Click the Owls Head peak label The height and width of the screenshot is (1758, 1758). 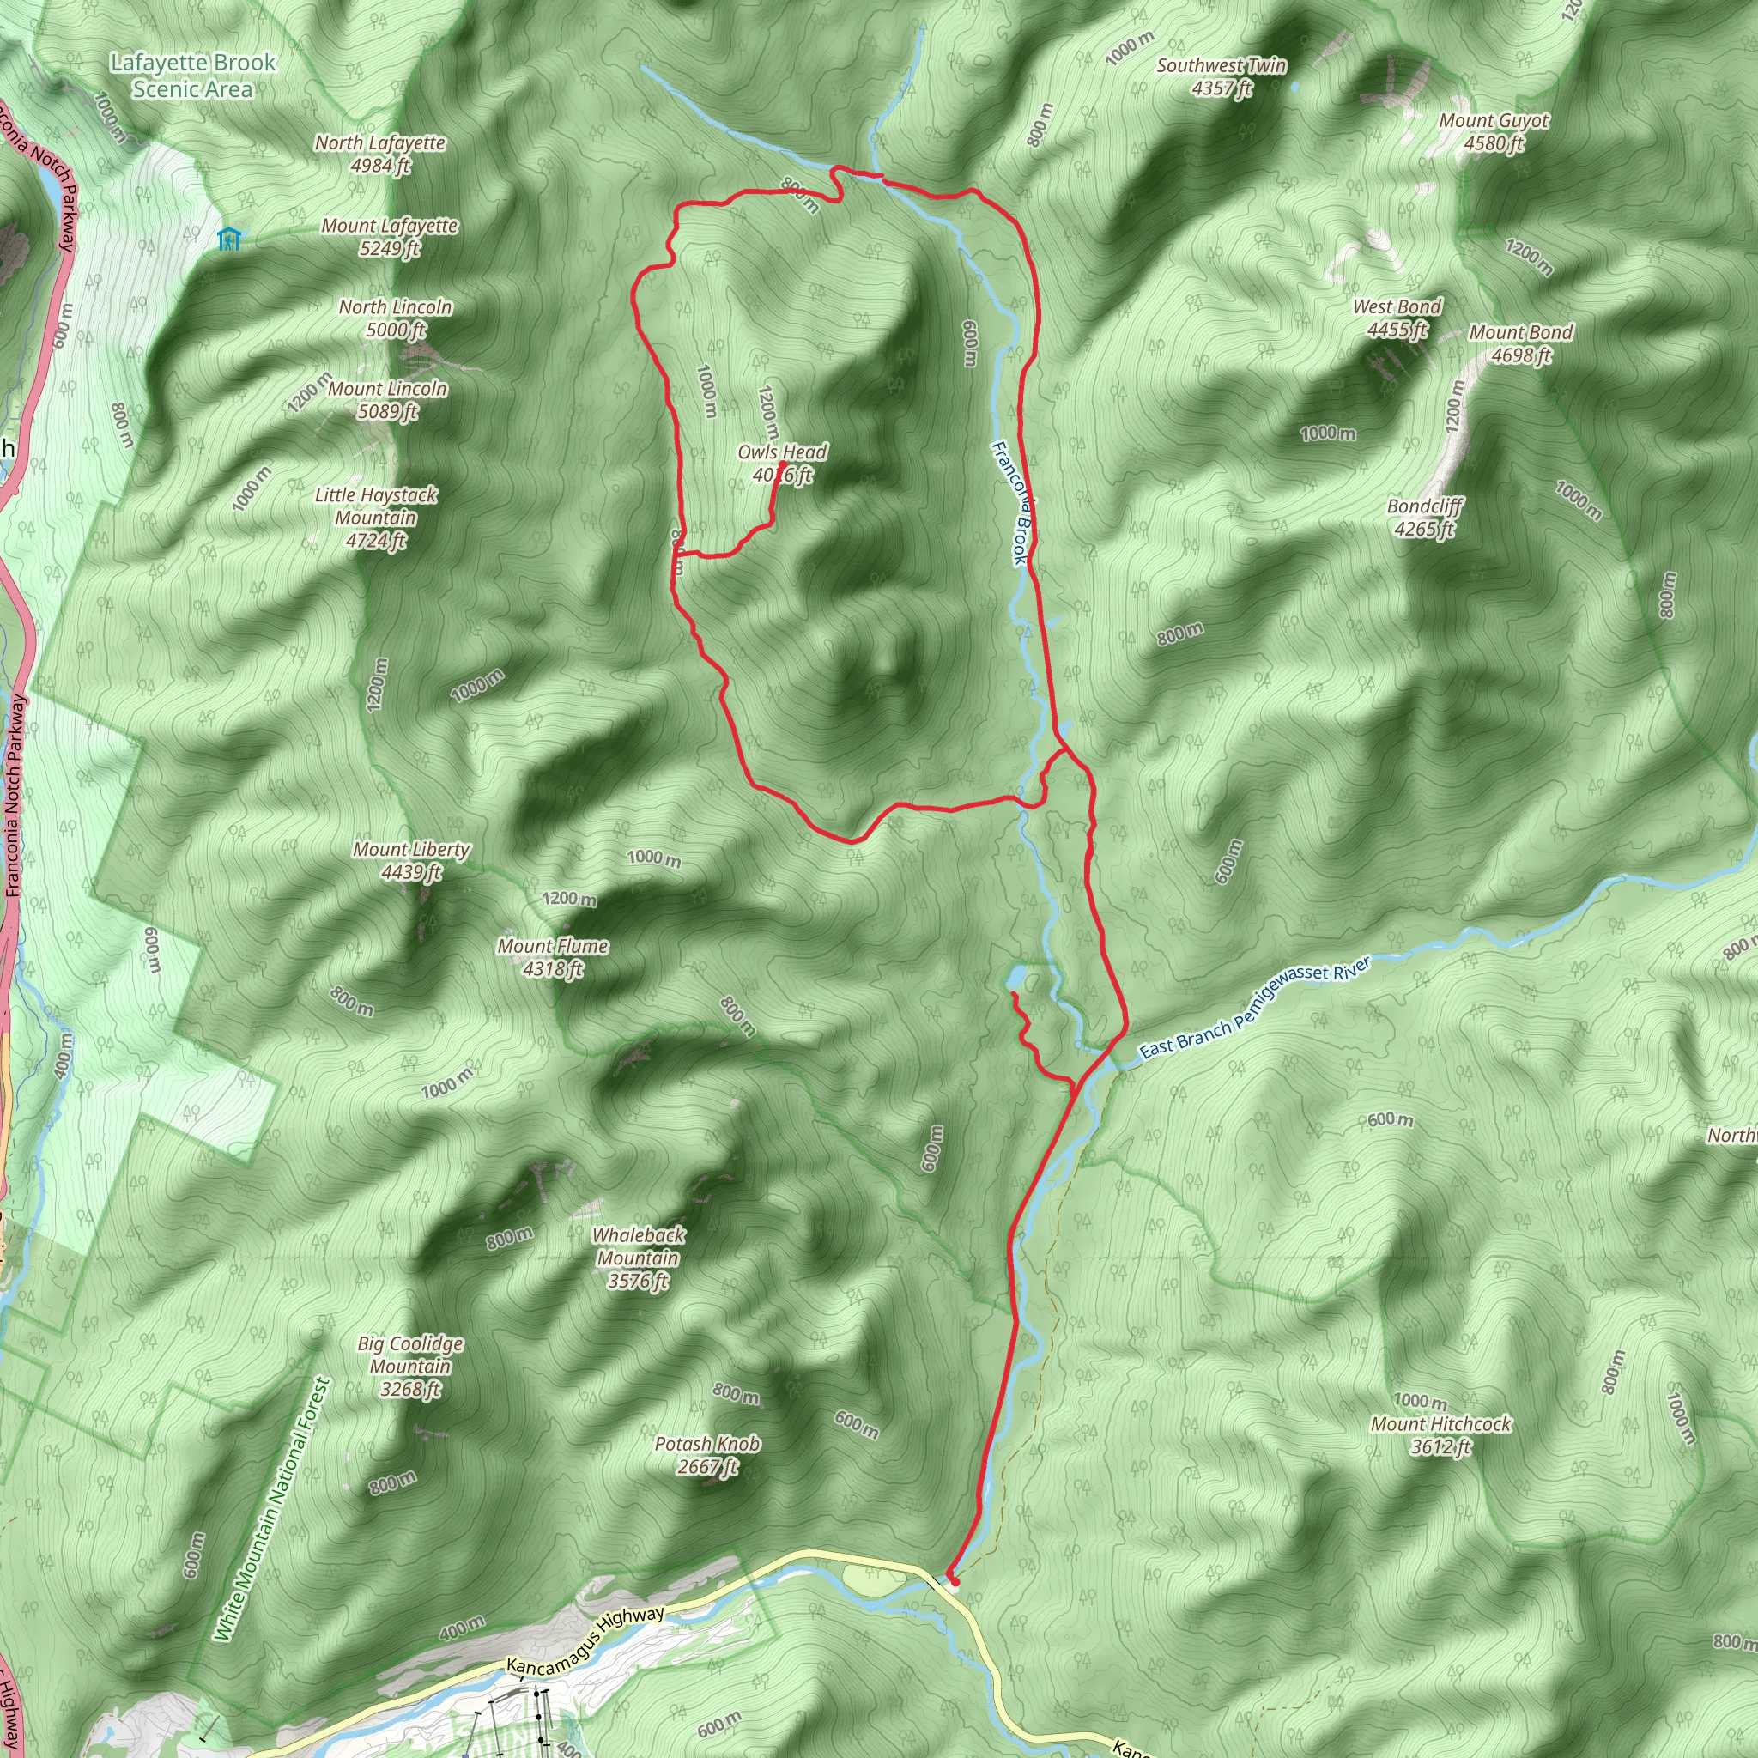click(782, 464)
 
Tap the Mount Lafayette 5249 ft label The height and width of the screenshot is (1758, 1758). click(390, 237)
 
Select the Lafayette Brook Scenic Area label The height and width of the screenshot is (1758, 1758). click(192, 76)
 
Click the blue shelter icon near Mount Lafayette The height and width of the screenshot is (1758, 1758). click(228, 239)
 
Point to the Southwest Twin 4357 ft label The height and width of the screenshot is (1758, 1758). click(1222, 76)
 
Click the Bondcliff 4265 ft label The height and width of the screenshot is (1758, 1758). click(1425, 517)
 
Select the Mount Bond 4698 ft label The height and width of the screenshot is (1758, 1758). click(1520, 343)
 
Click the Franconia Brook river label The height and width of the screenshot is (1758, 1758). click(1009, 502)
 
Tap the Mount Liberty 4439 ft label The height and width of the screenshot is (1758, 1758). click(411, 860)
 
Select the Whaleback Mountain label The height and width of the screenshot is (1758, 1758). click(638, 1258)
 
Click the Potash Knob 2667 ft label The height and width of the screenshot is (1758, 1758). click(707, 1455)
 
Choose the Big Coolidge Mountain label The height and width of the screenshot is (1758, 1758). click(410, 1366)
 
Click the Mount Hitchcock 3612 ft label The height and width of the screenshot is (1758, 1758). click(1440, 1435)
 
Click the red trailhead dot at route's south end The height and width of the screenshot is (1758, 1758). click(954, 1581)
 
